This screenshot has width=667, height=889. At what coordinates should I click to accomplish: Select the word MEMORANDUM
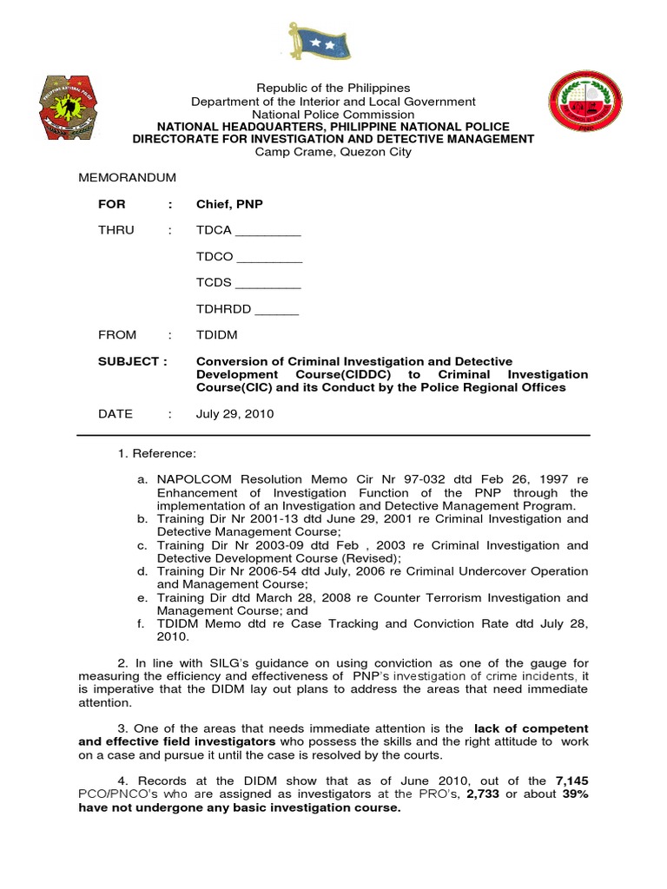(128, 177)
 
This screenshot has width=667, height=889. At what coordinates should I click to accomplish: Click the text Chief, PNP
(229, 204)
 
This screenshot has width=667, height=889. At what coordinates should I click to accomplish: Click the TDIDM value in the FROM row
(217, 335)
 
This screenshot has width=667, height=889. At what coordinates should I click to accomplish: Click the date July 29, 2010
(234, 414)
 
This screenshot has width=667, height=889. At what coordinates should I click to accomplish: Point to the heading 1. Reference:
(157, 454)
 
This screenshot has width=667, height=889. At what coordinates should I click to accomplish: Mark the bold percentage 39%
(573, 794)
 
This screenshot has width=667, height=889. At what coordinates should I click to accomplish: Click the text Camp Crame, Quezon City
(333, 152)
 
